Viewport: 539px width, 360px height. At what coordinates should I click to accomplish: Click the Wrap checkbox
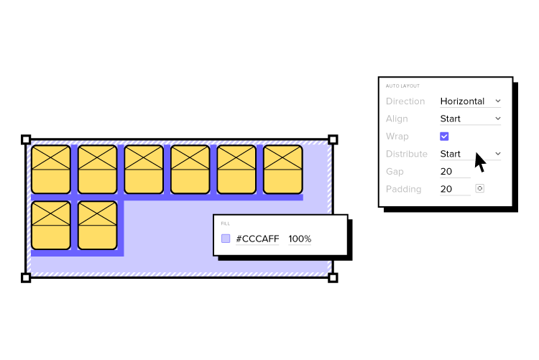click(x=444, y=136)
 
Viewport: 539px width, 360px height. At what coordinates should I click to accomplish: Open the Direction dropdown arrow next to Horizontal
click(x=498, y=101)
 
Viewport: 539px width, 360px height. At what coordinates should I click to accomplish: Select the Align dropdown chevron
click(x=498, y=119)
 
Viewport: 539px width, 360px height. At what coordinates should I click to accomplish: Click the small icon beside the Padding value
click(x=480, y=188)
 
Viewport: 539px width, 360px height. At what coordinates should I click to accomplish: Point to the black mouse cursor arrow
click(x=479, y=161)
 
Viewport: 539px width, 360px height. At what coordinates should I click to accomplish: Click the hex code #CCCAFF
click(x=257, y=239)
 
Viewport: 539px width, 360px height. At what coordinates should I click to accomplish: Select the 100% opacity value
click(x=300, y=239)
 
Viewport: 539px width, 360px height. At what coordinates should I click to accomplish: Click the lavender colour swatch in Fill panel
click(x=226, y=239)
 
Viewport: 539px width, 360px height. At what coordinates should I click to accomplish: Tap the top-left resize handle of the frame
click(x=26, y=139)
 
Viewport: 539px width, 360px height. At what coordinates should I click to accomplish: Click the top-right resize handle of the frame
click(x=333, y=139)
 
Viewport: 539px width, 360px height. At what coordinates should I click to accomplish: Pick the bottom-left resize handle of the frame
click(x=26, y=277)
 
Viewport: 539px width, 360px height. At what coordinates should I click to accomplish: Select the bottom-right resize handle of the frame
click(x=333, y=277)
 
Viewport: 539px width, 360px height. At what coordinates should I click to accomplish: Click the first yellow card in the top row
click(x=51, y=170)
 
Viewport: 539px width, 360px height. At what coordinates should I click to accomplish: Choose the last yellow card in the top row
click(x=283, y=170)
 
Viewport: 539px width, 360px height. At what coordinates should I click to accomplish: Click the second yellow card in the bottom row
click(x=97, y=225)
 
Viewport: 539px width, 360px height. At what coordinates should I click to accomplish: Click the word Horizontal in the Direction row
click(x=462, y=101)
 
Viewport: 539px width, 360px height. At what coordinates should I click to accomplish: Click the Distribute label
click(x=406, y=154)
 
